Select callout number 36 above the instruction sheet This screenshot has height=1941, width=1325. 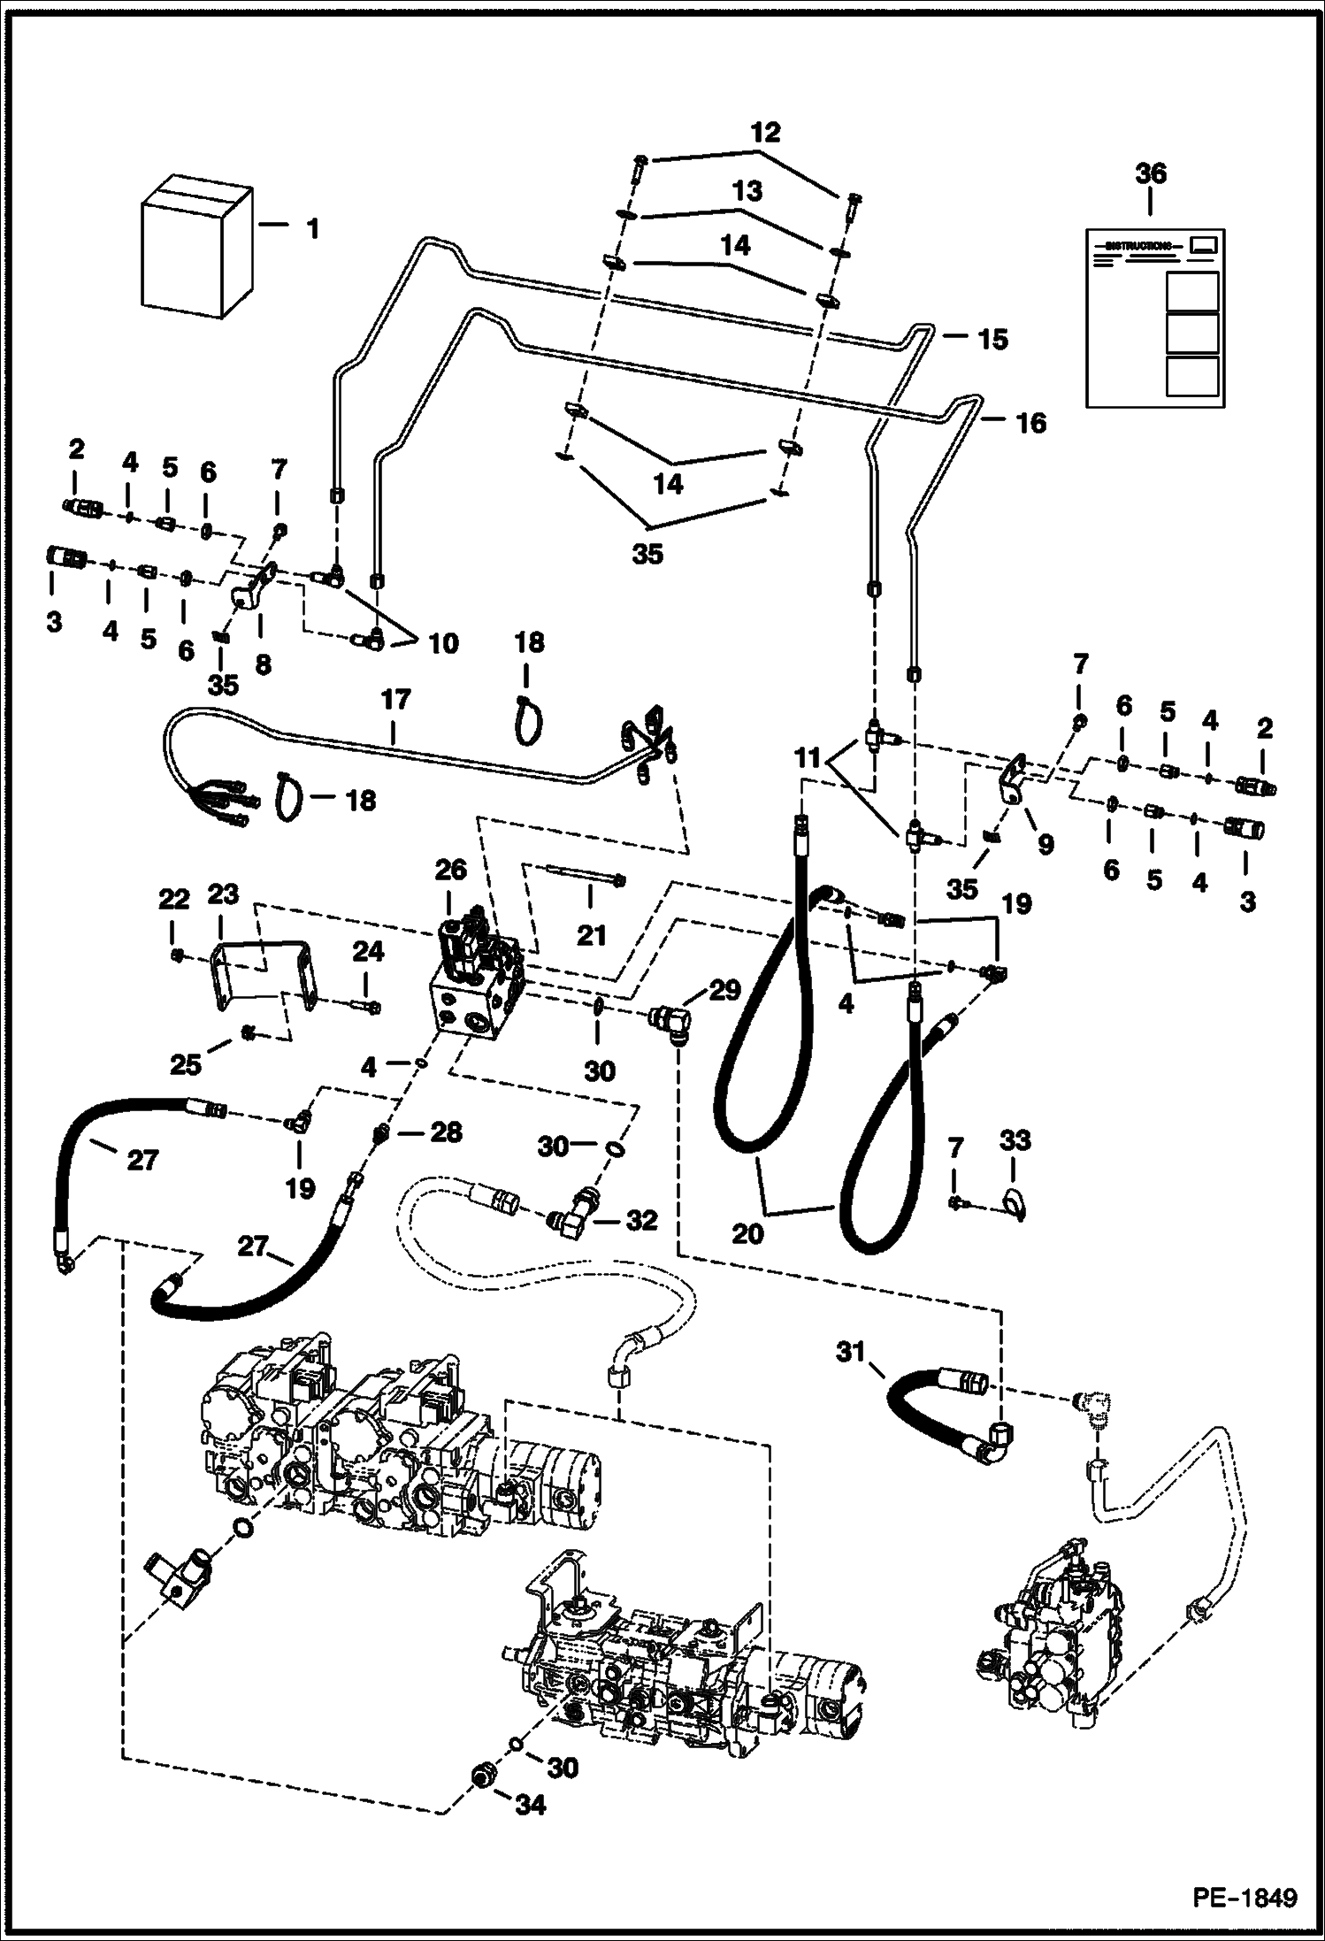click(x=1150, y=173)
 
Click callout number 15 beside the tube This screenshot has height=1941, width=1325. click(x=993, y=339)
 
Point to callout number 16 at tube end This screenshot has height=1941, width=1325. click(x=1031, y=423)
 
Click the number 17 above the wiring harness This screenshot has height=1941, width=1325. click(x=395, y=700)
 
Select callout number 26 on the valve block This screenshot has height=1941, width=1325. click(x=450, y=870)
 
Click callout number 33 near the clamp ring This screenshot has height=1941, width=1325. click(x=1015, y=1139)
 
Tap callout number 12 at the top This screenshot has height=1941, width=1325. click(x=766, y=133)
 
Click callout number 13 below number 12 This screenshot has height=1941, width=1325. click(x=747, y=191)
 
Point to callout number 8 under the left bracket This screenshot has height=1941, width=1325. click(x=263, y=663)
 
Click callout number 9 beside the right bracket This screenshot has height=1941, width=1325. click(x=1045, y=844)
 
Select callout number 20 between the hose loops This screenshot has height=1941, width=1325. click(x=747, y=1231)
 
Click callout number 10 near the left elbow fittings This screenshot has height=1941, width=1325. click(x=443, y=643)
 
